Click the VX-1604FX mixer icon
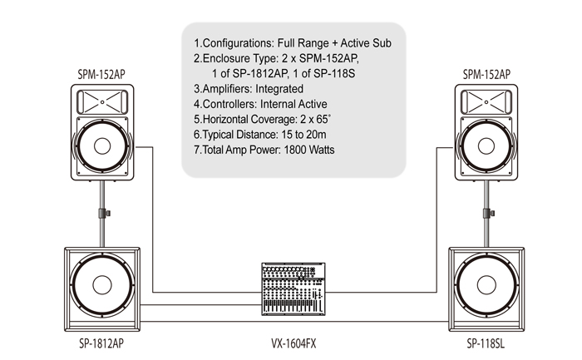point(293,289)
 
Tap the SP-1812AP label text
point(101,343)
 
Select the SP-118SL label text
point(486,343)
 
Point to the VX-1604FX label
point(293,343)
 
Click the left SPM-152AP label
point(101,75)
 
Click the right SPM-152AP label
point(486,75)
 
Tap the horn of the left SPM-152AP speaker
point(102,102)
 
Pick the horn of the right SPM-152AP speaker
point(486,102)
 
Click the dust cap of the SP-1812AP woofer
point(102,285)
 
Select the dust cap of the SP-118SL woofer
point(486,285)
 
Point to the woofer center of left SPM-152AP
point(102,145)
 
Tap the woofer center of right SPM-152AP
point(486,145)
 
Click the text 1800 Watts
point(309,150)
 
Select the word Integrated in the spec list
point(279,89)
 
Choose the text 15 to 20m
point(304,135)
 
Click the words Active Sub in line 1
point(366,43)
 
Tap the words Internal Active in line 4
point(293,104)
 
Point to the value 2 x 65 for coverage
point(315,119)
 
